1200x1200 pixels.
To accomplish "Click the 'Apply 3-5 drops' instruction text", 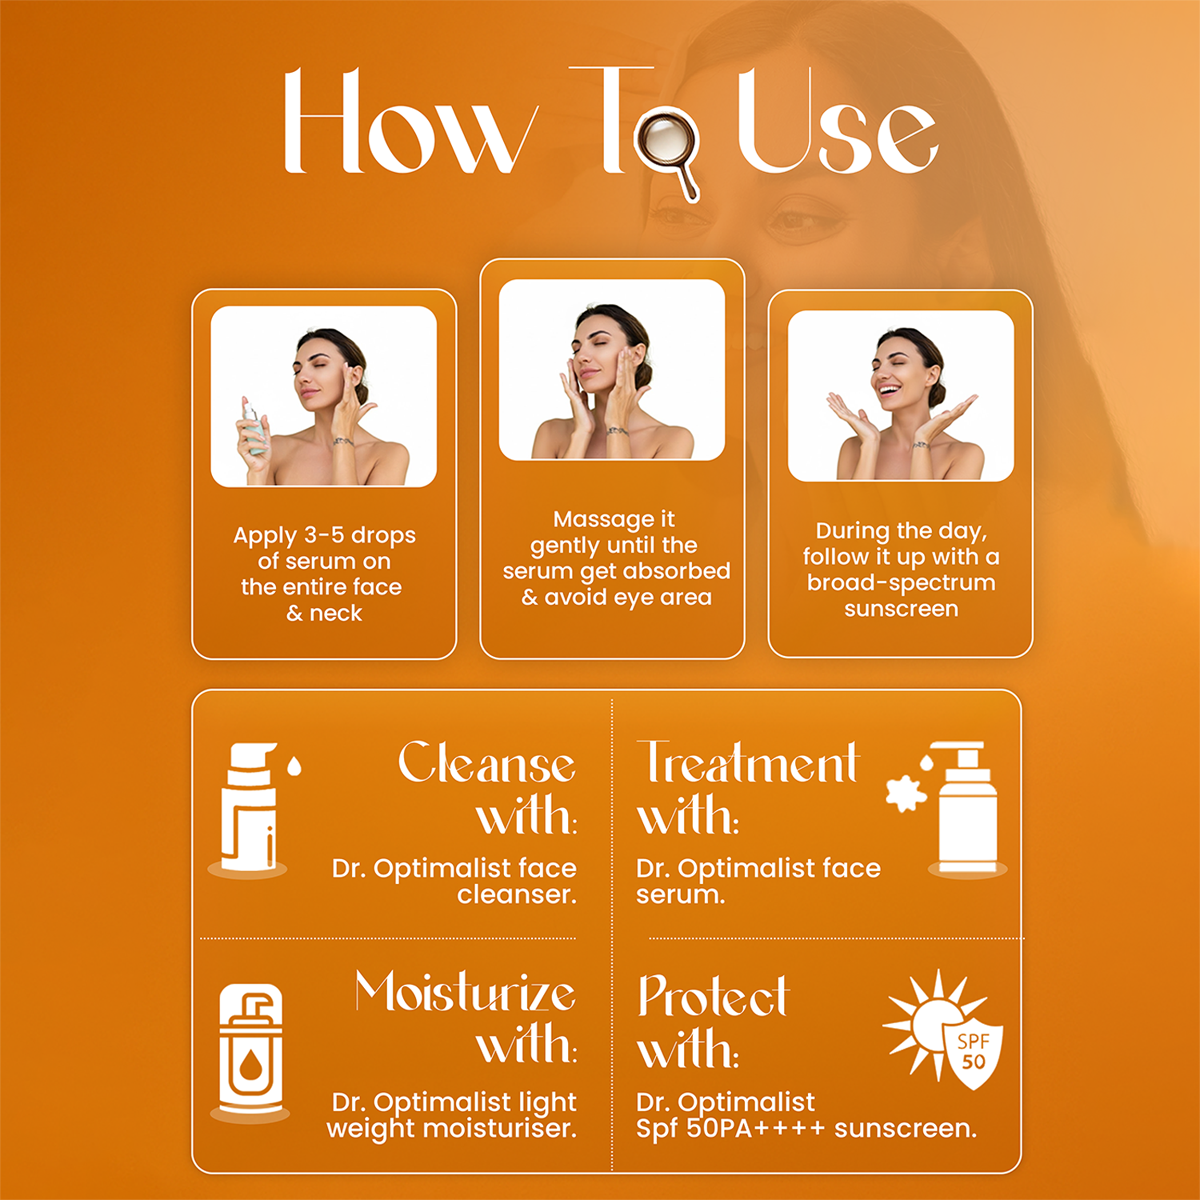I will [324, 535].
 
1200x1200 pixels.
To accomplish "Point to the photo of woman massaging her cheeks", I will [612, 370].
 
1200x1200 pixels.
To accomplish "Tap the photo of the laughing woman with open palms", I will [901, 396].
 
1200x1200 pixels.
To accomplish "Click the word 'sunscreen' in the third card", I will [901, 609].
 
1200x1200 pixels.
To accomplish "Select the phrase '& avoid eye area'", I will [616, 598].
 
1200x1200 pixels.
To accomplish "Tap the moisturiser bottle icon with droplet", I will [250, 1050].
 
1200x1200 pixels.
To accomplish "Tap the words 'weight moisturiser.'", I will [451, 1129].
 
